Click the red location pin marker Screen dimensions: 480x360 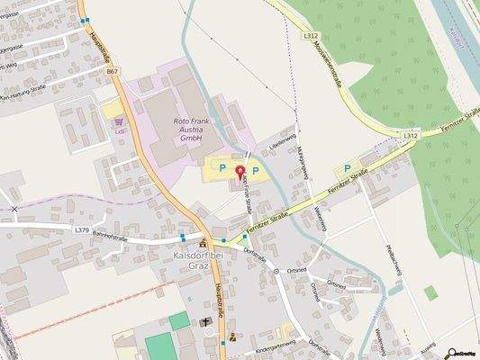click(240, 172)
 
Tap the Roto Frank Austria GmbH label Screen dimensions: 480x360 click(188, 130)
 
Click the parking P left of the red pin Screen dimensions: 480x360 click(222, 166)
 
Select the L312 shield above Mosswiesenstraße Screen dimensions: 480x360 click(311, 35)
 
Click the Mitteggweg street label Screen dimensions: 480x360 click(304, 163)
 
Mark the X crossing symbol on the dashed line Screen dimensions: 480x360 click(14, 209)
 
